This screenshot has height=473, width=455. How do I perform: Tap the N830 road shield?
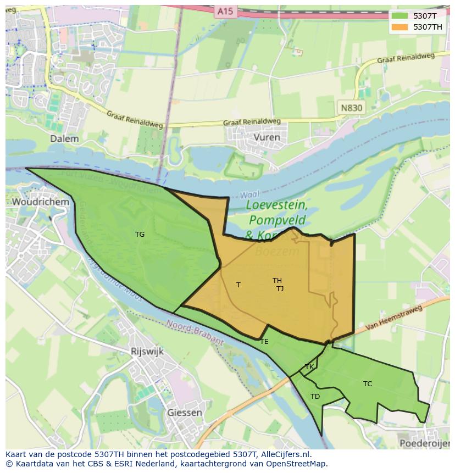[x=351, y=108]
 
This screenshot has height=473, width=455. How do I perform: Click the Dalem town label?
[x=64, y=139]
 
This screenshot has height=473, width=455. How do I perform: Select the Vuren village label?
[x=267, y=137]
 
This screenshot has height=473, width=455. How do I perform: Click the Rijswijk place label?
[x=147, y=352]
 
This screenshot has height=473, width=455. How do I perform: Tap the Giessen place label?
[x=184, y=413]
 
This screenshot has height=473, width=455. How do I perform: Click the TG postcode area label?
[x=140, y=235]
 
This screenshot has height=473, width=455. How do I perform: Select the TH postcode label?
[x=277, y=281]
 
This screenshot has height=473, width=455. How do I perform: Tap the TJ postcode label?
[x=280, y=289]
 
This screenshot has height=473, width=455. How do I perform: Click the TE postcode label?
[x=264, y=342]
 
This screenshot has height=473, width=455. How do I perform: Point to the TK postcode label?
[x=309, y=367]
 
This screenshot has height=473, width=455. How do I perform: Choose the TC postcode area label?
[x=368, y=384]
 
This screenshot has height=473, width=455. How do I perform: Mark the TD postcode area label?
[x=315, y=397]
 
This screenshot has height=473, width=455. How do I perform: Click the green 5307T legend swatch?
[x=399, y=16]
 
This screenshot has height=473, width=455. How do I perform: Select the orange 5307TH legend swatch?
[x=399, y=27]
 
